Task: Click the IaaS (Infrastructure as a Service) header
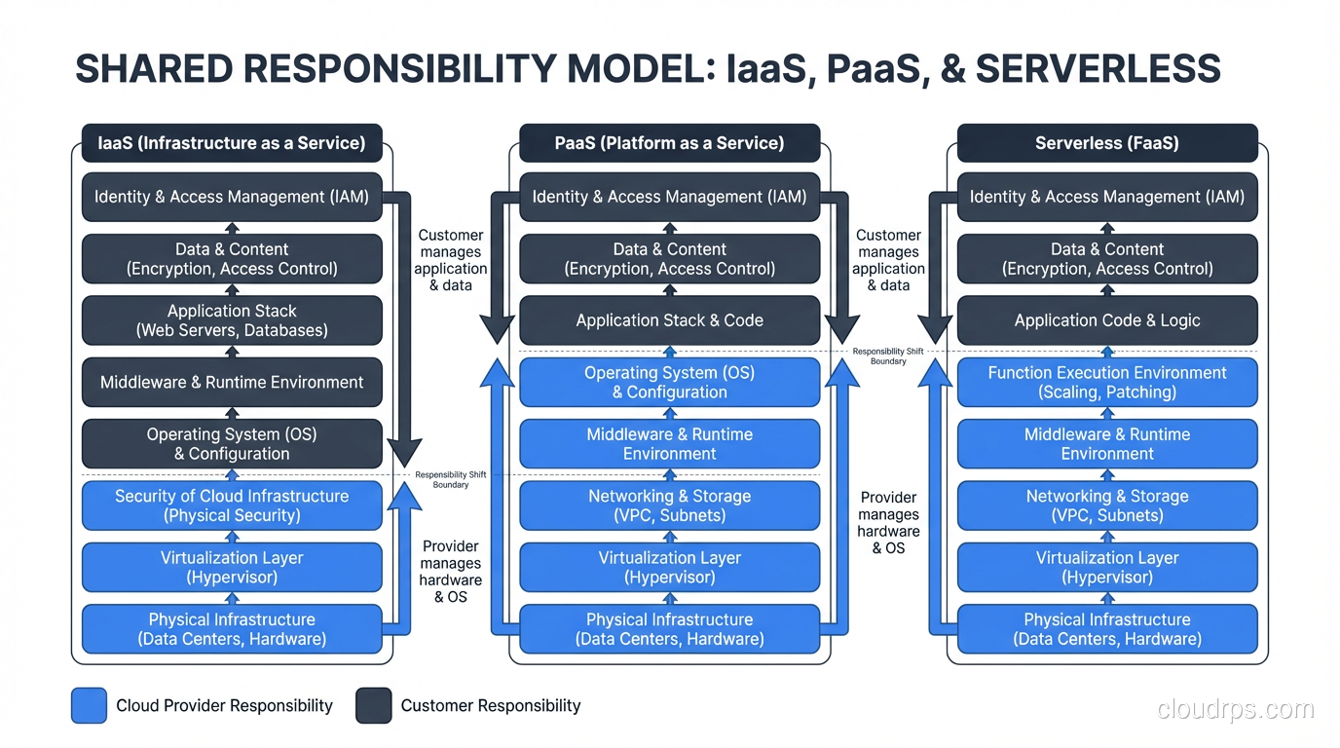click(x=232, y=143)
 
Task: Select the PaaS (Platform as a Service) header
click(x=669, y=143)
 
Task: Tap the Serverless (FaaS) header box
click(x=1106, y=143)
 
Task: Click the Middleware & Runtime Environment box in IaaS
click(x=232, y=382)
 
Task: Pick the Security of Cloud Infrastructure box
click(x=232, y=505)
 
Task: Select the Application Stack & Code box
click(x=669, y=320)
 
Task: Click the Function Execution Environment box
click(x=1106, y=382)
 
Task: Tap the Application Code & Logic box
click(x=1106, y=320)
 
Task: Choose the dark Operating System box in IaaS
click(x=232, y=443)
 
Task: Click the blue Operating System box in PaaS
click(x=669, y=382)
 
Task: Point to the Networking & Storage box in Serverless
click(x=1106, y=505)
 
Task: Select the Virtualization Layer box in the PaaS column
click(x=669, y=567)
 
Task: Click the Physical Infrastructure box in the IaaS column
click(x=232, y=629)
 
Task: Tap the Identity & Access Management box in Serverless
click(x=1106, y=197)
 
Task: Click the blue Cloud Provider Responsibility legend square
click(x=89, y=706)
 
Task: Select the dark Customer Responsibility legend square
click(x=373, y=706)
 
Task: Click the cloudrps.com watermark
click(x=1235, y=709)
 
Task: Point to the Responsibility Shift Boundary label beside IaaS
click(x=450, y=479)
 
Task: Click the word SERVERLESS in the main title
click(x=1098, y=69)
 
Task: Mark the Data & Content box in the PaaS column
click(x=669, y=259)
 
